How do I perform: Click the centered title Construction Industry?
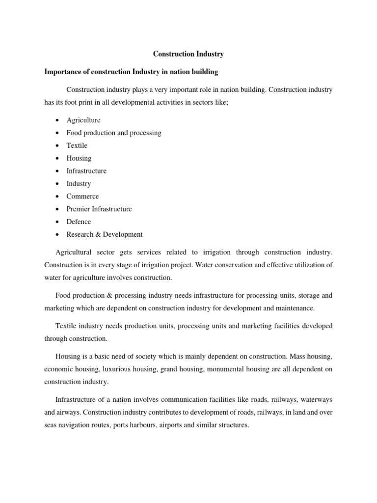188,54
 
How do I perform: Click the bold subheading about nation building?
131,72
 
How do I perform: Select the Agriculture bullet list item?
83,120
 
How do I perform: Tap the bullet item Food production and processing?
114,133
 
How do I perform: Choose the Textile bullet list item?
77,145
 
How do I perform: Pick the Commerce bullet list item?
82,196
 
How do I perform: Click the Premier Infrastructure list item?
99,209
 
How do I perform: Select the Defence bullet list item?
79,222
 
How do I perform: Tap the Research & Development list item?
105,234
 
